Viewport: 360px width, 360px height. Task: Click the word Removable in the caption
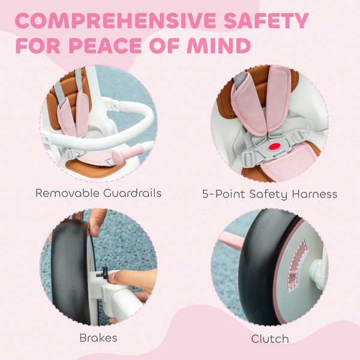click(x=67, y=193)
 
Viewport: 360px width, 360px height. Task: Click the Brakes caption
click(x=98, y=338)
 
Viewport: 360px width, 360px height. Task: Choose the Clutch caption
click(x=269, y=339)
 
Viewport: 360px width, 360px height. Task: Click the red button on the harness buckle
click(x=275, y=146)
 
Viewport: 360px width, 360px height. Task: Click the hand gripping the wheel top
click(x=96, y=220)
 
